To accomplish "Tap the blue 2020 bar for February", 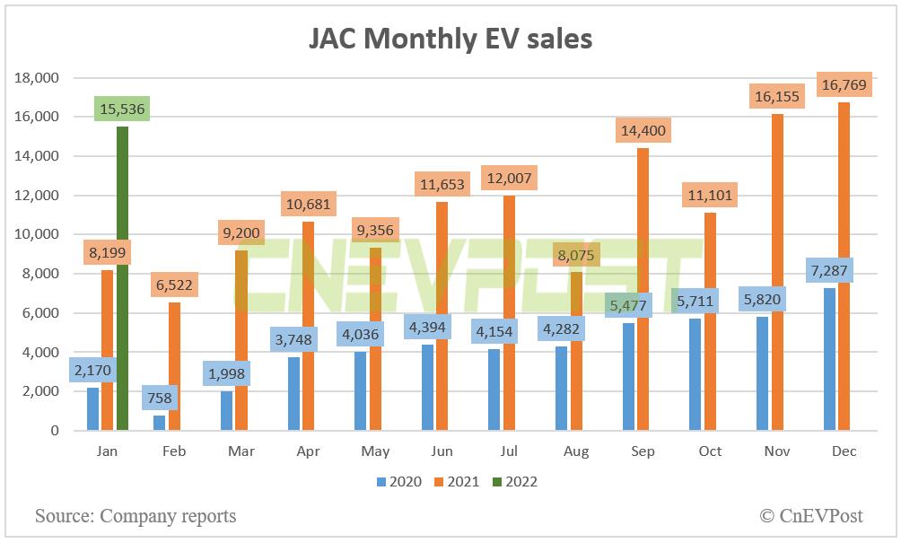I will (x=160, y=423).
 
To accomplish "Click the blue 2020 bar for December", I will (x=829, y=359).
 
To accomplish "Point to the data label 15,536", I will (x=122, y=110).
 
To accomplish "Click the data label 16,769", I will (x=843, y=85).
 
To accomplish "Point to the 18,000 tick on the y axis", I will (x=38, y=78).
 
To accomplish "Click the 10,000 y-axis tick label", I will (x=38, y=235).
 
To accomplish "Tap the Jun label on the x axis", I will (x=442, y=451).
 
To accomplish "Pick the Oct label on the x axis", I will (x=710, y=451).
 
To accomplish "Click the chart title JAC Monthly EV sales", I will (x=450, y=38).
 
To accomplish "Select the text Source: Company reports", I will (x=136, y=516).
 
